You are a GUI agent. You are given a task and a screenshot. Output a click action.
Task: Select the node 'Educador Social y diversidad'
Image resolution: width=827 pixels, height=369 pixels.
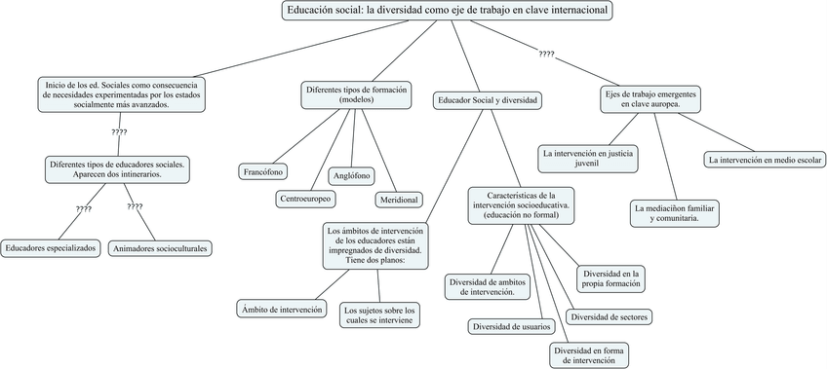coord(489,99)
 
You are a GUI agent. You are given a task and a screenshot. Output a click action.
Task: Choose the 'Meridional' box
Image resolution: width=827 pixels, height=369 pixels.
coord(398,200)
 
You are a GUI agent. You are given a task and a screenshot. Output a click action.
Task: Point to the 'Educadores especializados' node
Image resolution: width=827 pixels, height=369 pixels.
coord(51,248)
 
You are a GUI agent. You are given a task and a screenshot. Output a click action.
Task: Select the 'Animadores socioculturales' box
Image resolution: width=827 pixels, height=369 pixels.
coord(161,248)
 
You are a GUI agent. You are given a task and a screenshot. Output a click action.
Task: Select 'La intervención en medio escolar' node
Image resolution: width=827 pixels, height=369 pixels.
coord(766,159)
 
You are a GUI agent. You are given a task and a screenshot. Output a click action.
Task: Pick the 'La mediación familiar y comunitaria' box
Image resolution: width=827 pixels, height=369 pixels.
coord(675,213)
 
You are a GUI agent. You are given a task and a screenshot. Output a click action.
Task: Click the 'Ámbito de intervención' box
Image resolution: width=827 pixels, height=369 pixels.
coord(281,309)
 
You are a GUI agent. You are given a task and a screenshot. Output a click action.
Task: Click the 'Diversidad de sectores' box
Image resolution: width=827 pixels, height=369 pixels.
coord(610,316)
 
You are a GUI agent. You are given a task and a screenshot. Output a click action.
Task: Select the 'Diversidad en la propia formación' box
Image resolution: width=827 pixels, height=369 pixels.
coord(610,279)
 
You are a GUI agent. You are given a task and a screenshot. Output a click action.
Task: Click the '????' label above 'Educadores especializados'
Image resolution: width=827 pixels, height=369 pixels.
coord(84,208)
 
